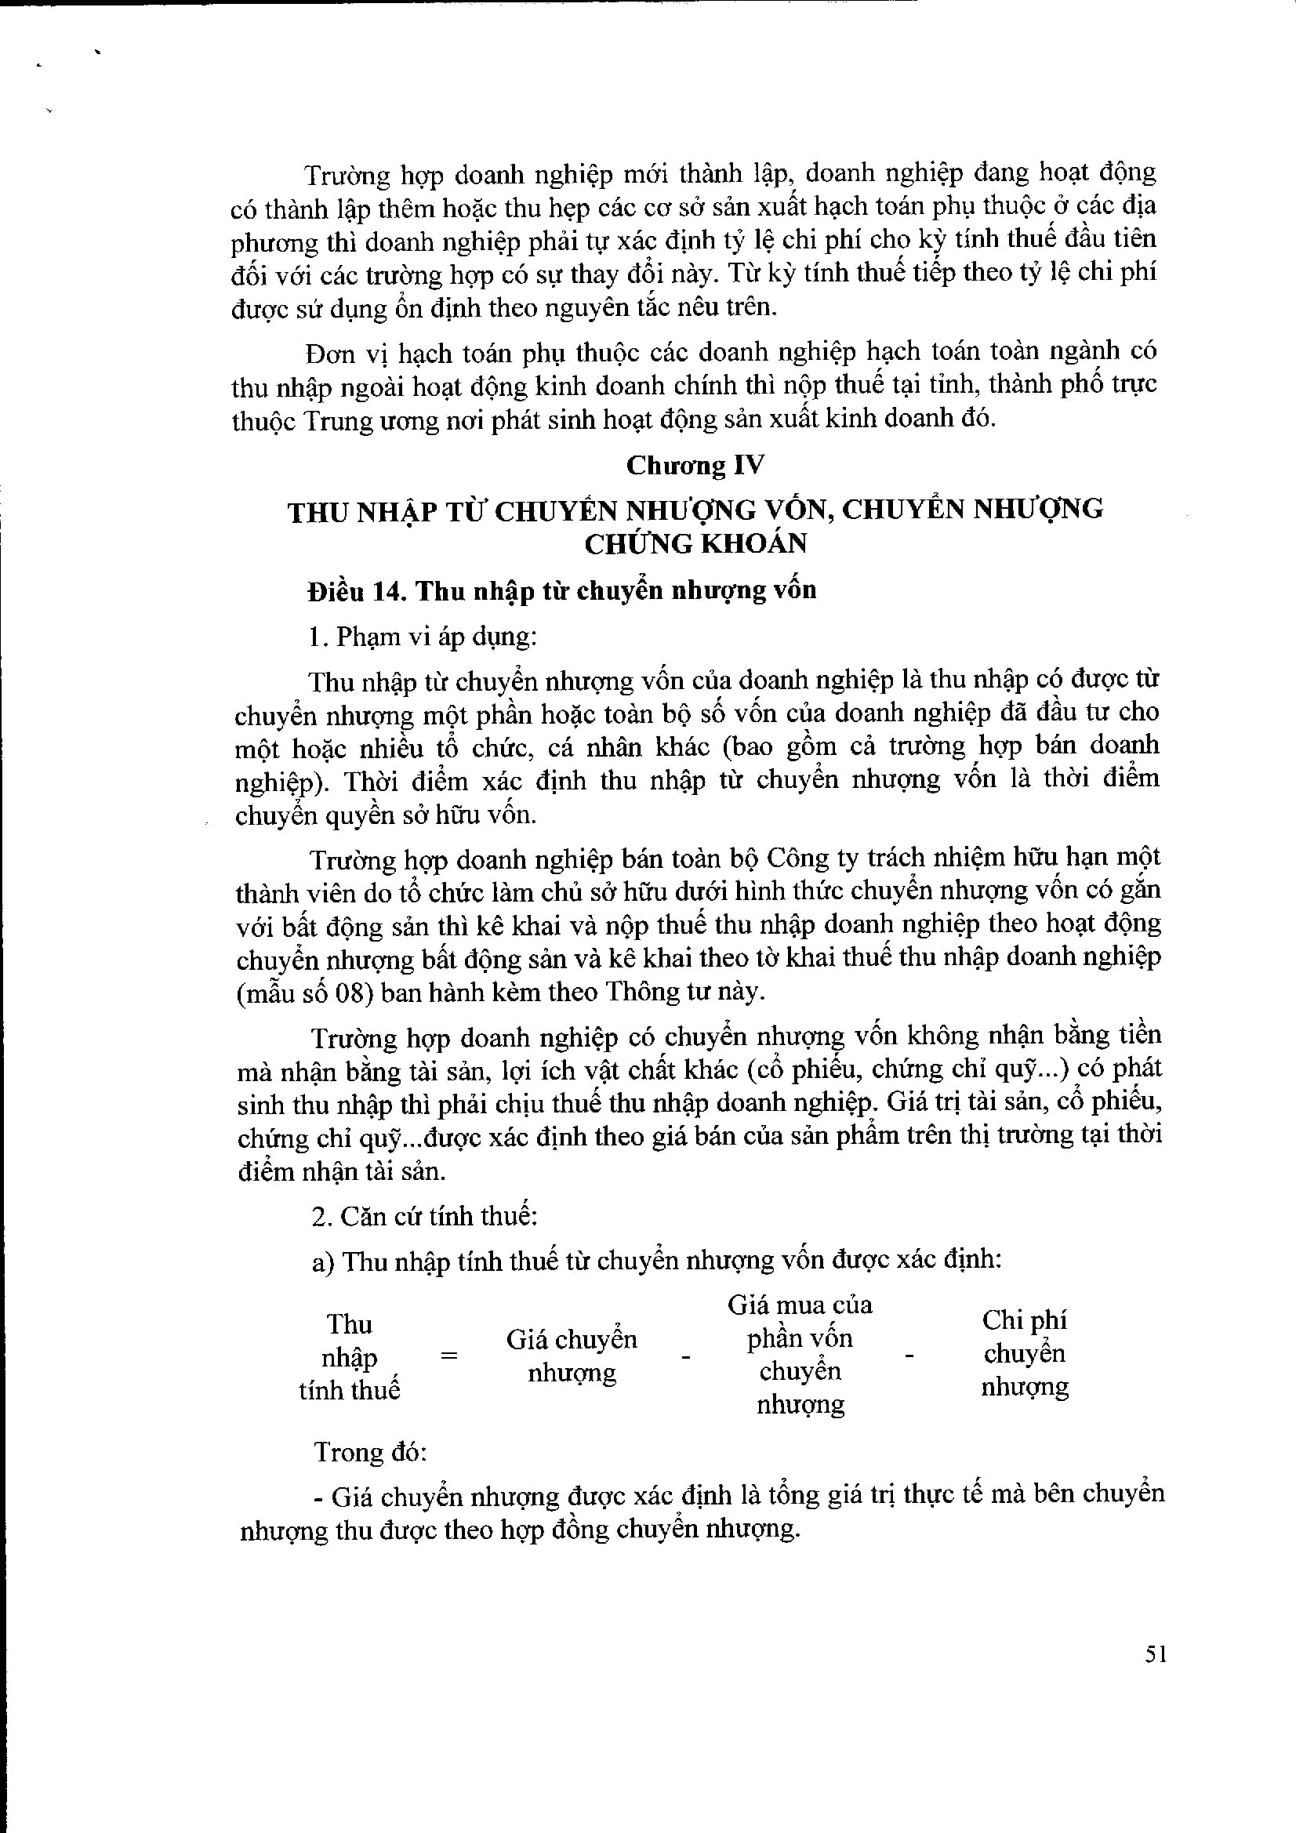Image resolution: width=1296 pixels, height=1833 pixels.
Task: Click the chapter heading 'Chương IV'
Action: [694, 466]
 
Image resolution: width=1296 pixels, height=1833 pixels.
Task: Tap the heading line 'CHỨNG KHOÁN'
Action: [695, 543]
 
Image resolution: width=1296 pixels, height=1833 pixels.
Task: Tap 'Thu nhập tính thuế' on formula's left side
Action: [349, 1357]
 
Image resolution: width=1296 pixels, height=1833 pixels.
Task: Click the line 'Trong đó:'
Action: [371, 1451]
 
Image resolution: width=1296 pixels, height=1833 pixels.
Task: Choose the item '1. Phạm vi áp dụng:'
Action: [423, 637]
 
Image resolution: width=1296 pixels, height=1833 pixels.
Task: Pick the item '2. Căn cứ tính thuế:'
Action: [424, 1217]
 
